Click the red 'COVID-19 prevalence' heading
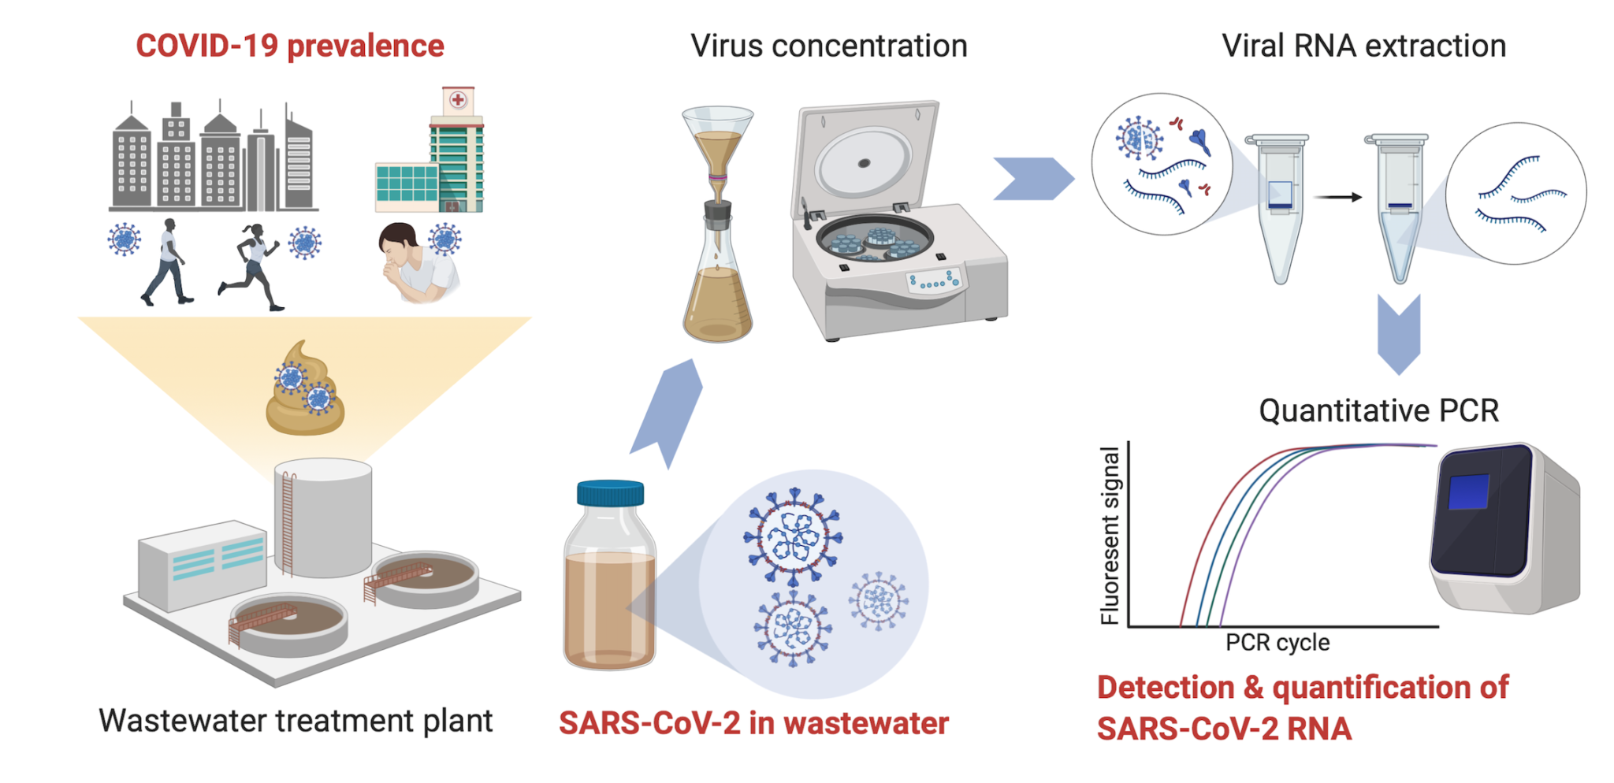(289, 46)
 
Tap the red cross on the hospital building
(457, 100)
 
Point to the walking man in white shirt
(167, 262)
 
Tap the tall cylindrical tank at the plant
(323, 516)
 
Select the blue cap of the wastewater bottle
(610, 492)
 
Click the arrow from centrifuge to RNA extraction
(1032, 179)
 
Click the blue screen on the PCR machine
(1468, 492)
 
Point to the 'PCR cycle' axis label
(1277, 643)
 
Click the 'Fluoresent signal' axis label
(1110, 536)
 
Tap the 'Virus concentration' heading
(828, 46)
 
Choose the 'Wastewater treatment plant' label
(296, 720)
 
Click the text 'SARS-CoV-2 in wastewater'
(753, 723)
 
